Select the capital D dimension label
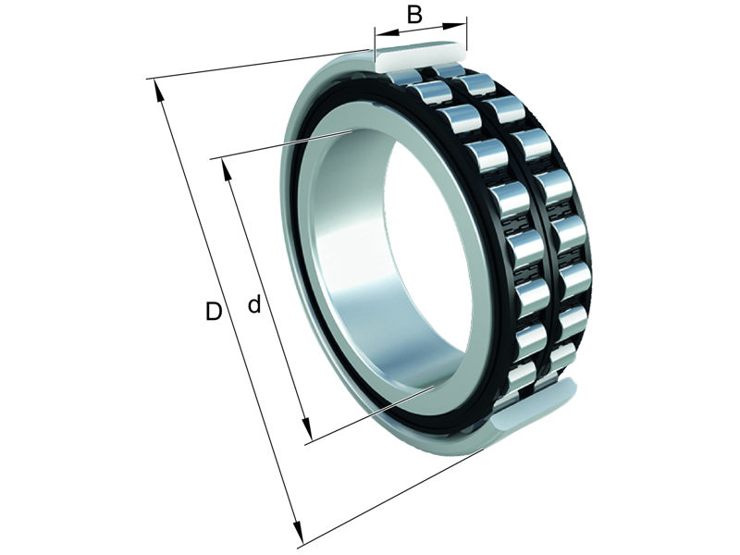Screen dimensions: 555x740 coord(214,312)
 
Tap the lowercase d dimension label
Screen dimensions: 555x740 coord(253,304)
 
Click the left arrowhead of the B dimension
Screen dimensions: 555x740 coord(379,37)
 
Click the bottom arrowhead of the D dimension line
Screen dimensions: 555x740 coord(297,536)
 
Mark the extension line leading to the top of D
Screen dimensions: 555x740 coord(259,64)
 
